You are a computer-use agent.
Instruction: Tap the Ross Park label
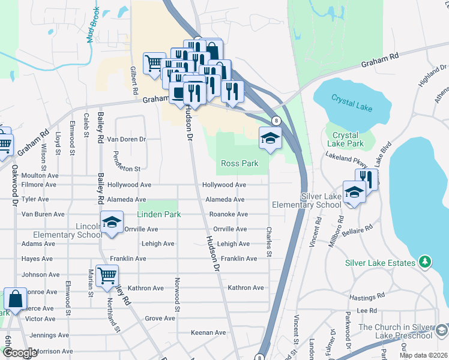240,163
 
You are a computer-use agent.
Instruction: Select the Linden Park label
159,214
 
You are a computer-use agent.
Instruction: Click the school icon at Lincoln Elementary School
112,223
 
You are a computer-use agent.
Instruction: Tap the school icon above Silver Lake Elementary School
354,192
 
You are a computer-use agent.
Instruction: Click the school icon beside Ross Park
270,139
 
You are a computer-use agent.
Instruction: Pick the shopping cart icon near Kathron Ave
107,276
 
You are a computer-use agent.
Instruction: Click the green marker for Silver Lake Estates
425,262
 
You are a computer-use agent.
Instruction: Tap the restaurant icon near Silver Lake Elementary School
366,179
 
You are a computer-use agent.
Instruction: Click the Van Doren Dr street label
127,139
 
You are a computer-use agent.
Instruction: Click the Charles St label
270,242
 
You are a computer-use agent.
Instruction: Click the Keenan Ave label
208,332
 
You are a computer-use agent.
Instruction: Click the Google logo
19,353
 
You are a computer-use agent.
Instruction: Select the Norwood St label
177,290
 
